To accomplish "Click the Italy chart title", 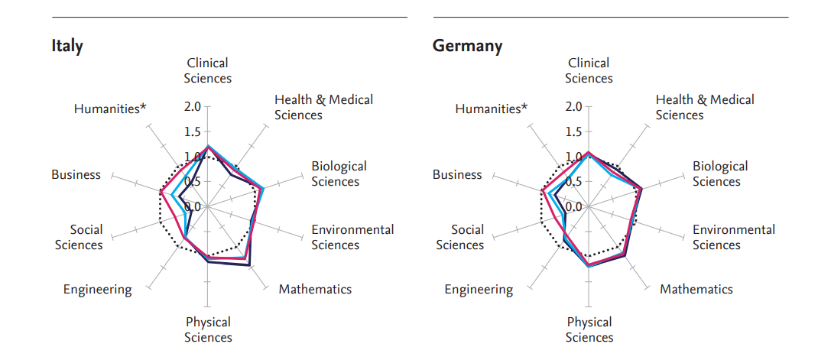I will tap(67, 45).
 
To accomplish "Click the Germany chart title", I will tap(468, 45).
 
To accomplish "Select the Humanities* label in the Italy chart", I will tap(110, 109).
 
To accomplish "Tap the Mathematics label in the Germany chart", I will tap(696, 289).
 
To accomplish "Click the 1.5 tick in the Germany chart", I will tap(573, 131).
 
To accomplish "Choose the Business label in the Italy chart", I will tap(76, 174).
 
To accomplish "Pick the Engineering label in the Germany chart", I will tap(479, 289).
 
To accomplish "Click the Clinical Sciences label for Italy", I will tap(208, 70).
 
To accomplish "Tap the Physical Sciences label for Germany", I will tap(589, 329).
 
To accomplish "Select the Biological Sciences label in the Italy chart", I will tap(339, 174).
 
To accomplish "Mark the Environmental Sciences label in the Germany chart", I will tap(734, 237).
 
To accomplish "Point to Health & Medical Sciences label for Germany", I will tap(705, 107).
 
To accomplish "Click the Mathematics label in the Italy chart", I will tap(315, 289).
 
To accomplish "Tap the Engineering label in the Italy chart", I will tap(97, 289).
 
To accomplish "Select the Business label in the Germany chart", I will tap(457, 174).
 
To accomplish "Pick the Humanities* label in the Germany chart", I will tap(491, 109).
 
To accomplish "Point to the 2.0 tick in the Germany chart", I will tap(573, 106).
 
